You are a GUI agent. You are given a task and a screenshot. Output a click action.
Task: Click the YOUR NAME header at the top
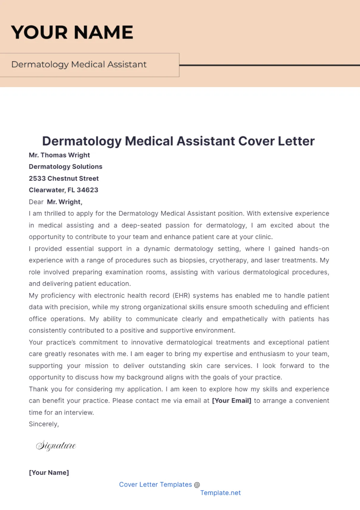click(72, 32)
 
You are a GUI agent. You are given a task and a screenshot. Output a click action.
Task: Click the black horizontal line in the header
click(269, 65)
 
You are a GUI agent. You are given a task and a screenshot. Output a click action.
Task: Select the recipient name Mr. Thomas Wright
click(59, 155)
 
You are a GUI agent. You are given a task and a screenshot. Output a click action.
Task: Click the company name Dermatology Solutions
click(65, 166)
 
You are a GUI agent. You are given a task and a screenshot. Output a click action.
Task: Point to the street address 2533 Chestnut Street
click(64, 178)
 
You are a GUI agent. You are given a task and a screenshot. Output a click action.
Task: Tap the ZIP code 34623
click(87, 190)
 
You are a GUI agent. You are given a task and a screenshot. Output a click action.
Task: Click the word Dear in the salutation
click(36, 202)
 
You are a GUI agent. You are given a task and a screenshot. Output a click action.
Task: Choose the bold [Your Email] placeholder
click(232, 401)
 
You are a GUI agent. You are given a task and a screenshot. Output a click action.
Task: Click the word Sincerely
click(44, 424)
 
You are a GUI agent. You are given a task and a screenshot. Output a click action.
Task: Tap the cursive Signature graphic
click(56, 445)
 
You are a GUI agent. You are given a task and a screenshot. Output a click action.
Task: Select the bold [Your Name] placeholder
click(49, 472)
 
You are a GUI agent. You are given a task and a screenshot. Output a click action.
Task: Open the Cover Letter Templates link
click(155, 484)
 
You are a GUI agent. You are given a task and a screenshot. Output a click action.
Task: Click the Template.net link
click(220, 493)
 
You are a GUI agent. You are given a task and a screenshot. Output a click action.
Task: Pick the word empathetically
click(245, 319)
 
